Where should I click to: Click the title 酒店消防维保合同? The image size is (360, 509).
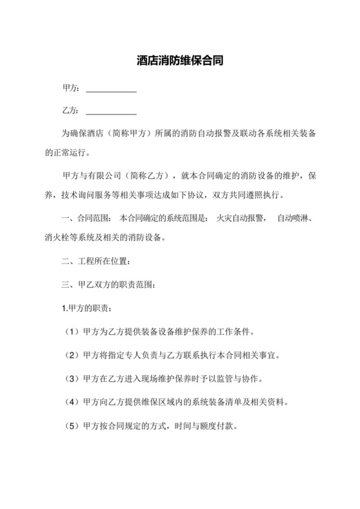180,62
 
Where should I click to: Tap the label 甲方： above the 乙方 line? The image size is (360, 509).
71,88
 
